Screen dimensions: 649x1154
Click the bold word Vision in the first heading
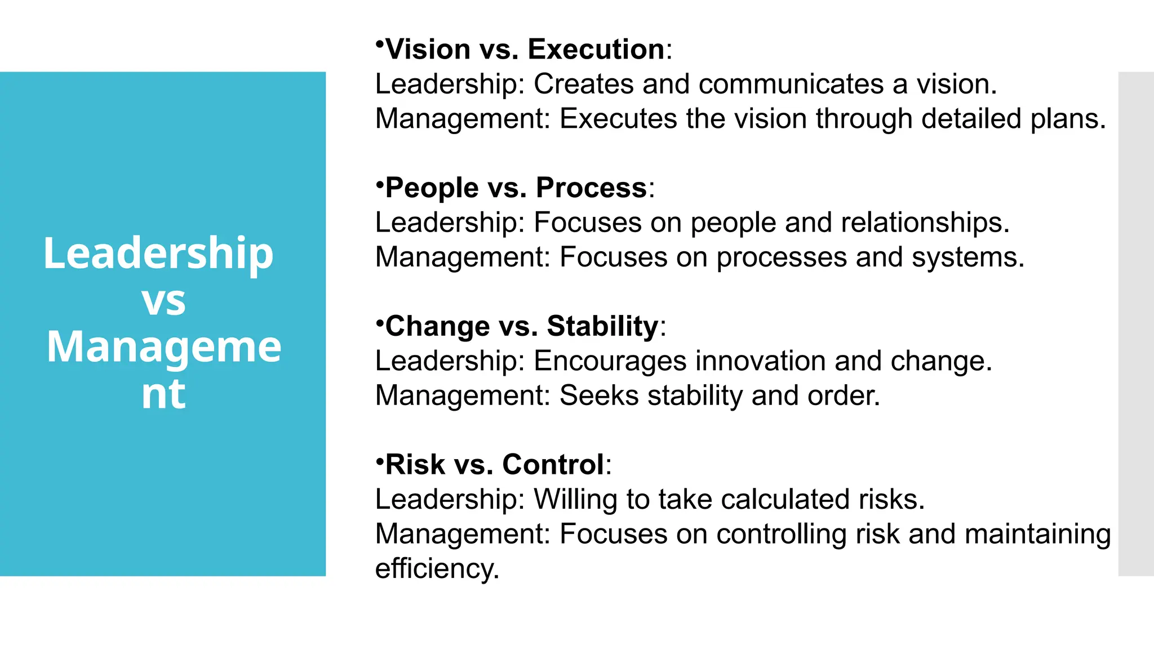tap(428, 50)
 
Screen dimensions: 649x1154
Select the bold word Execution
tap(596, 50)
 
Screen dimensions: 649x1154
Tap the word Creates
tap(583, 85)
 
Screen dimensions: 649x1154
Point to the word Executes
tap(618, 119)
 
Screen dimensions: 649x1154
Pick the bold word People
tap(432, 188)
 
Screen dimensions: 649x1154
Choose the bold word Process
tap(591, 188)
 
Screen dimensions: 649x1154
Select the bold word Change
tap(438, 327)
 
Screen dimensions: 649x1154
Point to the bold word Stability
tap(602, 327)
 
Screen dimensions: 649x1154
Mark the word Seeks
tap(599, 395)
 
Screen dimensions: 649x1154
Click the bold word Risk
tap(415, 465)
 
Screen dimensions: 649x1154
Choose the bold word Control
tap(553, 465)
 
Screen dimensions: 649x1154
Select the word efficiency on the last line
tap(437, 568)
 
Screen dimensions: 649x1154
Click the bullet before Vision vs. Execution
tap(380, 43)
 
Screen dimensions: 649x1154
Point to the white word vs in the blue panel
tap(163, 301)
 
